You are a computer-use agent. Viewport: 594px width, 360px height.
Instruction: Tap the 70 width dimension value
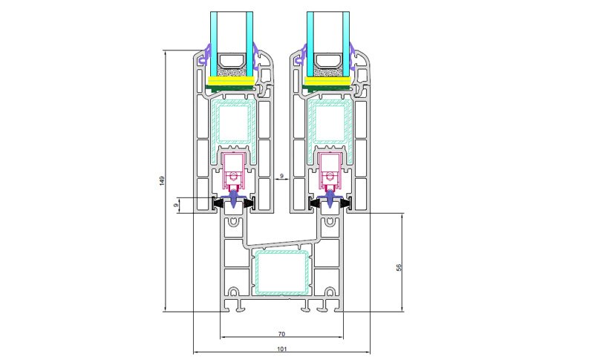(282, 335)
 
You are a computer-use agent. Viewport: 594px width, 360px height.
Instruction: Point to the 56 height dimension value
(399, 267)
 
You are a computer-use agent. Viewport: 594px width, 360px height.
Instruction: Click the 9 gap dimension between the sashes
(281, 177)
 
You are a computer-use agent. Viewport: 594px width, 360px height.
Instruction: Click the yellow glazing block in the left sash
(232, 81)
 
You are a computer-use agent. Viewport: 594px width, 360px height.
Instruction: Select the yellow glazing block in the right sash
(328, 81)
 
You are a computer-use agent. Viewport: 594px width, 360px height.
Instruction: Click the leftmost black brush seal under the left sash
(218, 202)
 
